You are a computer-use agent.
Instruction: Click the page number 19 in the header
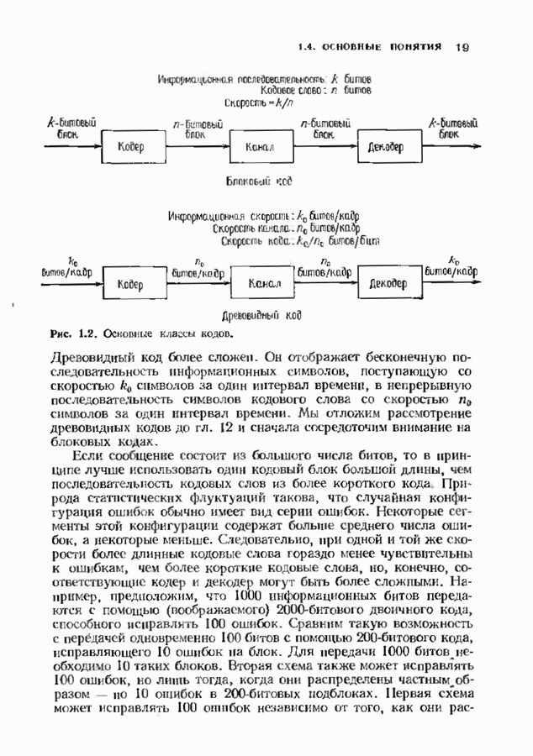(462, 46)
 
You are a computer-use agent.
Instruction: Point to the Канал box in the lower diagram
(263, 285)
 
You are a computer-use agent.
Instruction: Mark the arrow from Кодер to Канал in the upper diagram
(196, 144)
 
